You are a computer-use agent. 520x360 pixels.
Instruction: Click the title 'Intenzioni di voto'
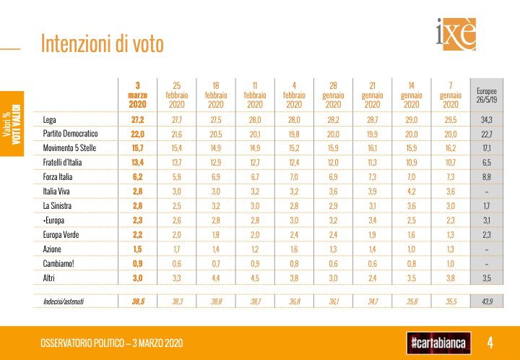click(103, 43)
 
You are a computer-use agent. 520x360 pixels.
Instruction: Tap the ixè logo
click(456, 35)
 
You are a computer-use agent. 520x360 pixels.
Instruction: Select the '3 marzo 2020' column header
click(137, 95)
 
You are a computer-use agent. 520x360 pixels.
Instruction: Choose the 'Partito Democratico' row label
click(70, 134)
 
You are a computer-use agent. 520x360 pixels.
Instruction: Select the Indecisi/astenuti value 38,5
click(137, 301)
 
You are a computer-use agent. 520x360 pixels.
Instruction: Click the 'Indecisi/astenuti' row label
click(64, 301)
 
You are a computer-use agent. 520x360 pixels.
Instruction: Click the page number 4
click(490, 342)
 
